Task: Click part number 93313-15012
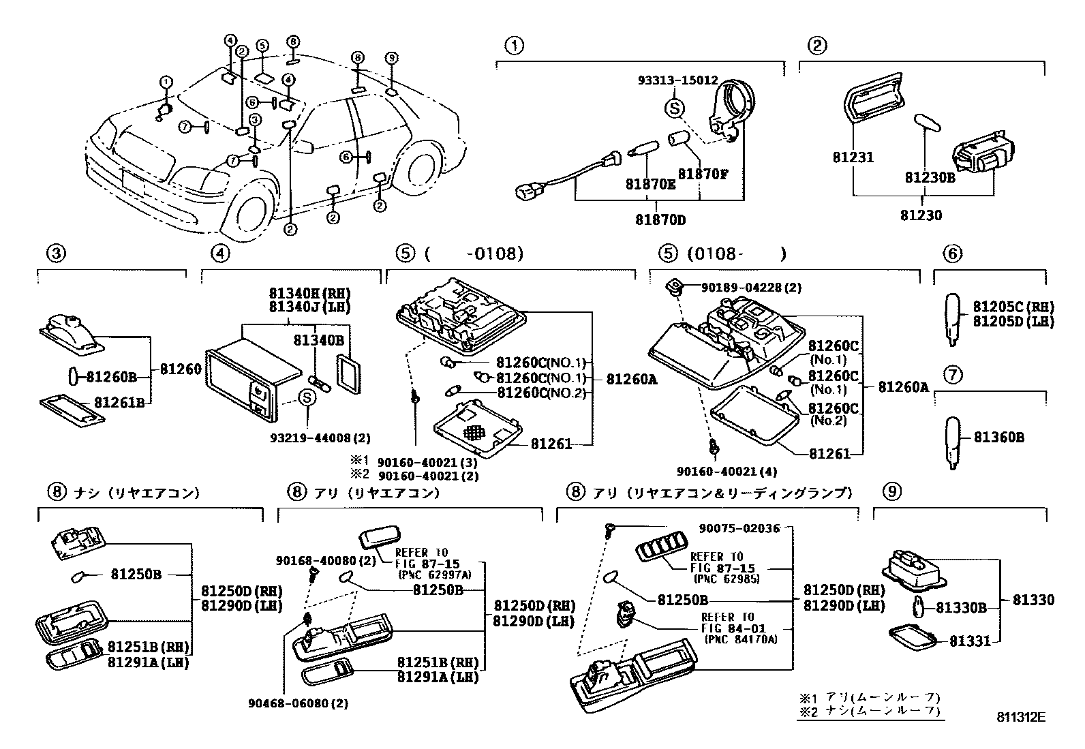pyautogui.click(x=677, y=80)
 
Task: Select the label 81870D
pyautogui.click(x=660, y=220)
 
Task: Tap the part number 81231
pyautogui.click(x=853, y=157)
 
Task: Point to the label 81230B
pyautogui.click(x=930, y=178)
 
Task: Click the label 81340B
pyautogui.click(x=319, y=340)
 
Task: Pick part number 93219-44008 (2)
pyautogui.click(x=320, y=438)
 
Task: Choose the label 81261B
pyautogui.click(x=119, y=402)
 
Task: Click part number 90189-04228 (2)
pyautogui.click(x=751, y=288)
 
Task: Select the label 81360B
pyautogui.click(x=998, y=437)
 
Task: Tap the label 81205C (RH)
pyautogui.click(x=1014, y=307)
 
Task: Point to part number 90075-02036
pyautogui.click(x=739, y=528)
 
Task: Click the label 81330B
pyautogui.click(x=961, y=607)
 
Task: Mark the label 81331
pyautogui.click(x=970, y=641)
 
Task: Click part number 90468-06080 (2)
pyautogui.click(x=299, y=703)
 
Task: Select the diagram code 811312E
pyautogui.click(x=1021, y=717)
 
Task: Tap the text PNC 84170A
pyautogui.click(x=741, y=639)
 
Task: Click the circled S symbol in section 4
pyautogui.click(x=307, y=397)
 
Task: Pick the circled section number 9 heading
pyautogui.click(x=892, y=492)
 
